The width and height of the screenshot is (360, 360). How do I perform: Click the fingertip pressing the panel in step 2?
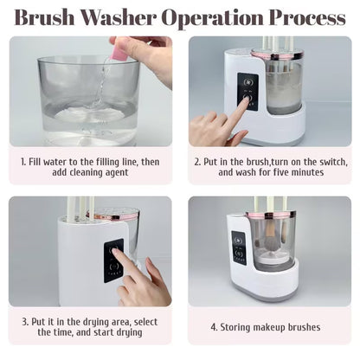(245, 103)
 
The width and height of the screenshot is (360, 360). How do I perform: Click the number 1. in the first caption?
(23, 160)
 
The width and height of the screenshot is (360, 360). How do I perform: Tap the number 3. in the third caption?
(23, 321)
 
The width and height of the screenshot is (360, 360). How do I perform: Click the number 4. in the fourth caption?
(214, 327)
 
